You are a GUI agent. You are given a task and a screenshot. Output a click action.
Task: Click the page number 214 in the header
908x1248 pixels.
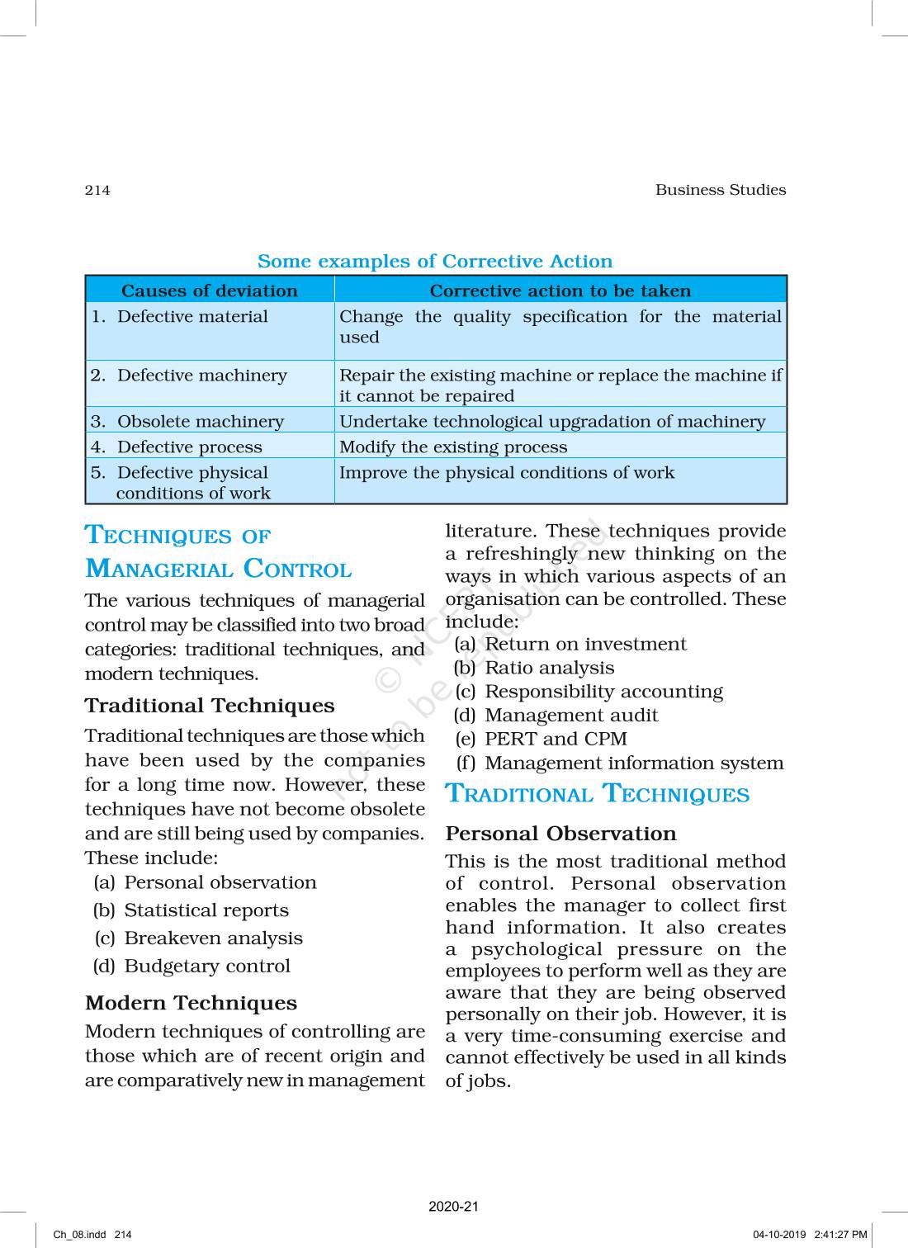[x=97, y=190]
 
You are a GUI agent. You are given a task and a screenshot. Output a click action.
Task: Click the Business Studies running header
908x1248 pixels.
[x=720, y=190]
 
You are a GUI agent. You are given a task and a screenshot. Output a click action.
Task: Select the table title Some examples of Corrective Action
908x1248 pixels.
[x=435, y=262]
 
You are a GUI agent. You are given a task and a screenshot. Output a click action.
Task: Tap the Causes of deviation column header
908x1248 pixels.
[x=210, y=291]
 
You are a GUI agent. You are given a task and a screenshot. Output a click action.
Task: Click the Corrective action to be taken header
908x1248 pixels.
[x=560, y=291]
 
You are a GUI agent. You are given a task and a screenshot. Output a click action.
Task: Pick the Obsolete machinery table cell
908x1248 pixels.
[x=200, y=422]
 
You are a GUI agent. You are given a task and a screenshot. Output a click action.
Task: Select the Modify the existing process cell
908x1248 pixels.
[x=453, y=447]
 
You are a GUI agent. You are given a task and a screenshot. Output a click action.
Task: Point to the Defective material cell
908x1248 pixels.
[x=192, y=317]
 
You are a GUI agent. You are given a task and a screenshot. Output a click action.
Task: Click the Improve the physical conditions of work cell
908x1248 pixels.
[x=507, y=473]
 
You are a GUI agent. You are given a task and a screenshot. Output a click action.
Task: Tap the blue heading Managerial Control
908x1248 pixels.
[x=219, y=570]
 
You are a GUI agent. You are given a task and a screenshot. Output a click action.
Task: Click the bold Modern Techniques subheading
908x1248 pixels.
[x=191, y=1003]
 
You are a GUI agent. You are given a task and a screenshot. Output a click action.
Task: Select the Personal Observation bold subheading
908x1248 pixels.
[x=560, y=834]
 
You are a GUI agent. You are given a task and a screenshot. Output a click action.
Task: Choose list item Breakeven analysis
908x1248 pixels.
[x=213, y=938]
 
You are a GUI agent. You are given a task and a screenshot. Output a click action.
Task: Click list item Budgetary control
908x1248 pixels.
[x=207, y=967]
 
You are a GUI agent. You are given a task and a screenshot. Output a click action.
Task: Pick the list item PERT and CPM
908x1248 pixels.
[x=556, y=740]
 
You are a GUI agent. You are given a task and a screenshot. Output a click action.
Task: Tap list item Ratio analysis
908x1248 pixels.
[x=550, y=669]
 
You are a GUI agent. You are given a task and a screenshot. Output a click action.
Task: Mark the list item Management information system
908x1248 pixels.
[x=634, y=763]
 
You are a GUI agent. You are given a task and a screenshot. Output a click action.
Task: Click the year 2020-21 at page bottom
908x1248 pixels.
[x=453, y=1207]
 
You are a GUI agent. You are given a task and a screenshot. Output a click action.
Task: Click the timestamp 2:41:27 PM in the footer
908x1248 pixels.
[x=840, y=1235]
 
